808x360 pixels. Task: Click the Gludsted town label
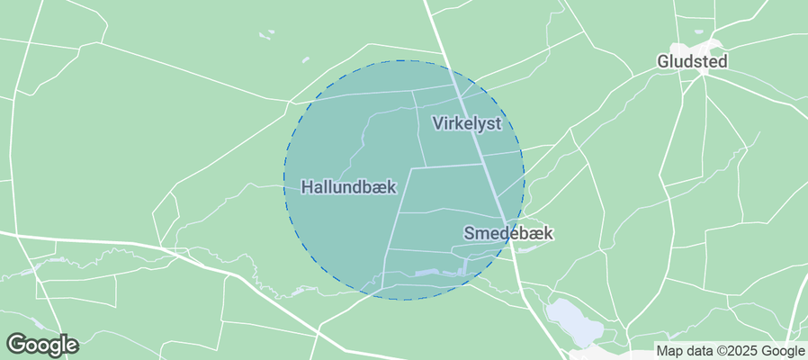691,61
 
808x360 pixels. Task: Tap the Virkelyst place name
465,123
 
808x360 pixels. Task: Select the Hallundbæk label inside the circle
347,187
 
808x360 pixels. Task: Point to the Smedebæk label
507,233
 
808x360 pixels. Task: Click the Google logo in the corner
41,344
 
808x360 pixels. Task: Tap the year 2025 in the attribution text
742,351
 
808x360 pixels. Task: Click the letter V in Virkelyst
436,123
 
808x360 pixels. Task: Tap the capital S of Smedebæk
469,233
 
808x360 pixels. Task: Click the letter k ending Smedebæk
548,233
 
